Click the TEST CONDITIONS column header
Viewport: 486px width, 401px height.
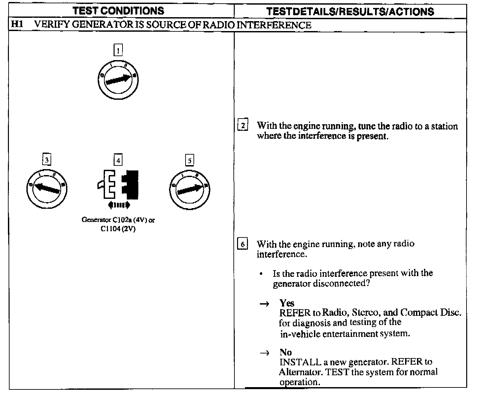click(x=118, y=11)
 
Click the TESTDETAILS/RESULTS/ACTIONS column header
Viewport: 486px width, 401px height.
click(x=350, y=12)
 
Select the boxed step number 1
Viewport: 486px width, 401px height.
click(x=118, y=50)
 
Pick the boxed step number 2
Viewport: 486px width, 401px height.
click(x=243, y=126)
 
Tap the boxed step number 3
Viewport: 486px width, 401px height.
click(x=47, y=160)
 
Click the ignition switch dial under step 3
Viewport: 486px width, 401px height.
click(x=47, y=188)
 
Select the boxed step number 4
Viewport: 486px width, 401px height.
click(x=118, y=161)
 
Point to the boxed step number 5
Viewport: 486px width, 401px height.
click(x=190, y=161)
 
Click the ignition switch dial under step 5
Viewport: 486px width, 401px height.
click(x=190, y=189)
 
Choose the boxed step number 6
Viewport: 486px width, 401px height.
click(x=243, y=244)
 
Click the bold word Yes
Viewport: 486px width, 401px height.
click(x=287, y=303)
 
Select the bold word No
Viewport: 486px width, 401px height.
click(x=286, y=352)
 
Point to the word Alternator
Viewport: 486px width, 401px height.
click(x=300, y=372)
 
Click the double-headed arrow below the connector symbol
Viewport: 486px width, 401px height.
click(x=119, y=205)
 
